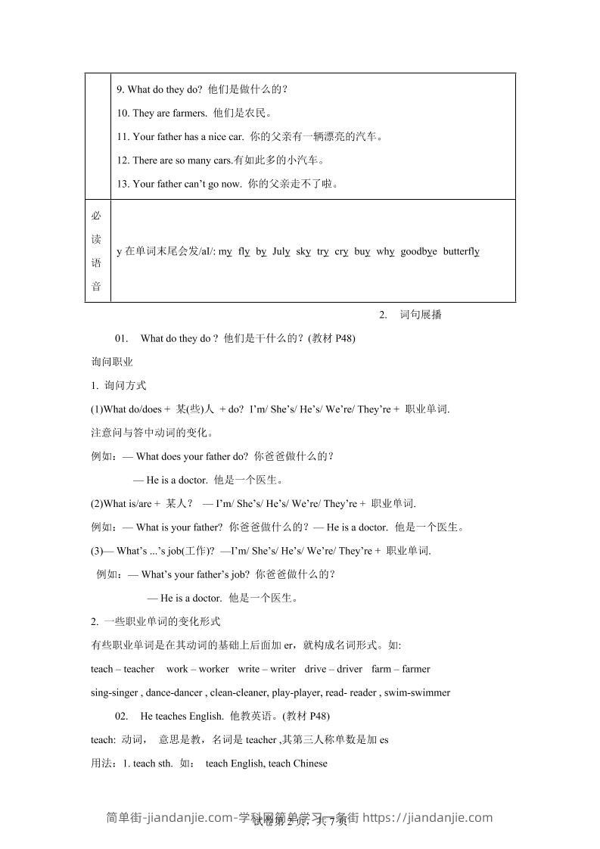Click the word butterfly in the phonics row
pos(461,251)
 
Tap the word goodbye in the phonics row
pos(418,251)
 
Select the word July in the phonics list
pos(281,251)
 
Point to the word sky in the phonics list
pos(303,251)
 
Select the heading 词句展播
pos(421,315)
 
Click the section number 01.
pos(123,338)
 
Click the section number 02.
pos(123,716)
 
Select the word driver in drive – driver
pos(350,669)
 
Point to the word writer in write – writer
pos(282,669)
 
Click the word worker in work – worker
pos(213,669)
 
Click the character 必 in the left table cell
pos(96,216)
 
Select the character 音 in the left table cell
pos(96,286)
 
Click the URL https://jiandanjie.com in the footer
pos(428,817)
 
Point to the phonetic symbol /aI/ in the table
pos(205,251)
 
